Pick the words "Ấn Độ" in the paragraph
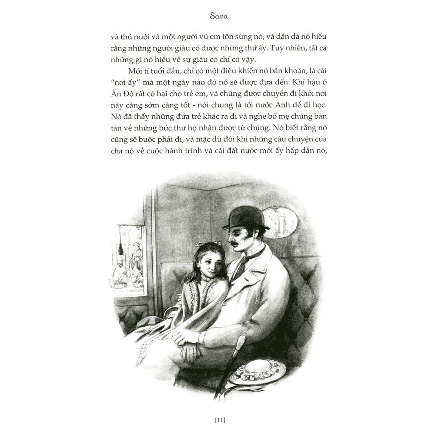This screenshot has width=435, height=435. pyautogui.click(x=120, y=94)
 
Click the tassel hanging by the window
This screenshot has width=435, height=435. pyautogui.click(x=120, y=249)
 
